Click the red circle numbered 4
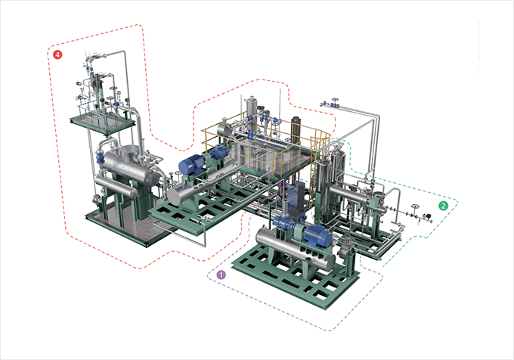57,54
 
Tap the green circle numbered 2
443,206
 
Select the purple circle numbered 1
221,275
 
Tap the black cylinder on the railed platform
296,130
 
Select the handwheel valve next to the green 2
415,210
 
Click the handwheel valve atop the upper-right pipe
334,102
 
